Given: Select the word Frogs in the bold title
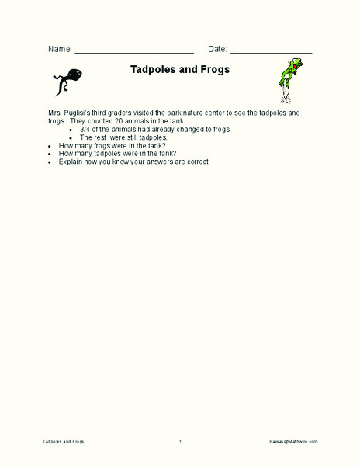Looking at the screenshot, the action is (214, 69).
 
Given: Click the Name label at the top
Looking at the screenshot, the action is (60, 49).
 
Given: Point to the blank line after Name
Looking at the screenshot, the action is (133, 50).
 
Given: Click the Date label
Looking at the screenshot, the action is (216, 49).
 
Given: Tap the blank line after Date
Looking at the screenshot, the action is (271, 50).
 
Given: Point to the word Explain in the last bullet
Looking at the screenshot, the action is (71, 162).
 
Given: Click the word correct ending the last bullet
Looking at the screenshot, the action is (197, 162).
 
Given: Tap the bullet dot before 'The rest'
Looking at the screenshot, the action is (71, 137).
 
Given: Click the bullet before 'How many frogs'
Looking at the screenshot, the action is (50, 145).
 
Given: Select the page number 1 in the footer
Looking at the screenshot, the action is (180, 441).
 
